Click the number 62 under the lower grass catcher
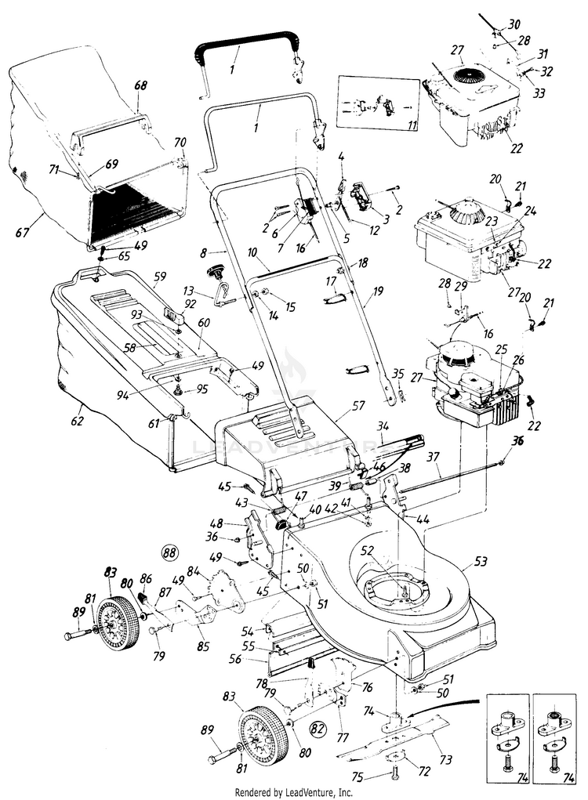click(77, 408)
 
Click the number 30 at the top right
click(514, 25)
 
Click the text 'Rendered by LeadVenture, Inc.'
click(294, 792)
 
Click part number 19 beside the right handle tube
click(378, 291)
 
